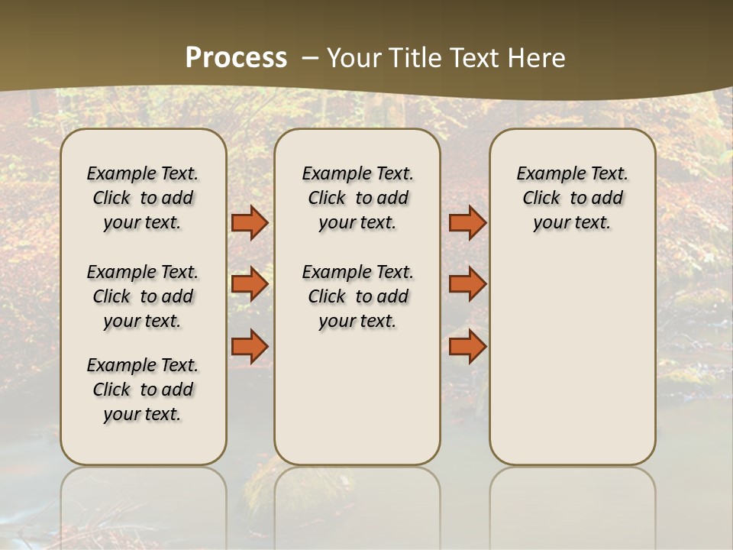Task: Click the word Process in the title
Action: click(x=236, y=57)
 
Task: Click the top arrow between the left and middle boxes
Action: click(x=250, y=222)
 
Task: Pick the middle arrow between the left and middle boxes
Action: click(x=250, y=284)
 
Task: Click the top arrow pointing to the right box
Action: click(x=467, y=222)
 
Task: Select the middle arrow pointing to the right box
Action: click(x=467, y=284)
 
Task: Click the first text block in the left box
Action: click(x=143, y=198)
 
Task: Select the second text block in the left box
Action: click(x=143, y=296)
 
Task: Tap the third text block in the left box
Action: click(x=143, y=390)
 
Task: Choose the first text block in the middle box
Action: click(x=357, y=198)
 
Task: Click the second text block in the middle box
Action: click(x=357, y=296)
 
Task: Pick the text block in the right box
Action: click(x=572, y=198)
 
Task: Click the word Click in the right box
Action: click(x=541, y=199)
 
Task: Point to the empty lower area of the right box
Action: click(x=572, y=359)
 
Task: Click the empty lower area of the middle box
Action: click(x=357, y=397)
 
